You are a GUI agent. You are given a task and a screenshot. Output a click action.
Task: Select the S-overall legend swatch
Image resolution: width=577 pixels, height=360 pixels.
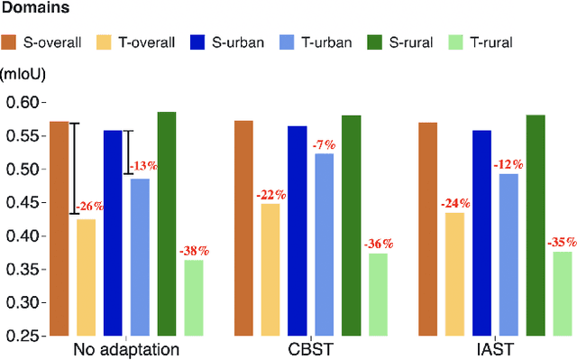pos(10,42)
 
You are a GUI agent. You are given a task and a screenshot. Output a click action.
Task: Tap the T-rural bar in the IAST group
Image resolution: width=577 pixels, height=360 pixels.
pos(563,292)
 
